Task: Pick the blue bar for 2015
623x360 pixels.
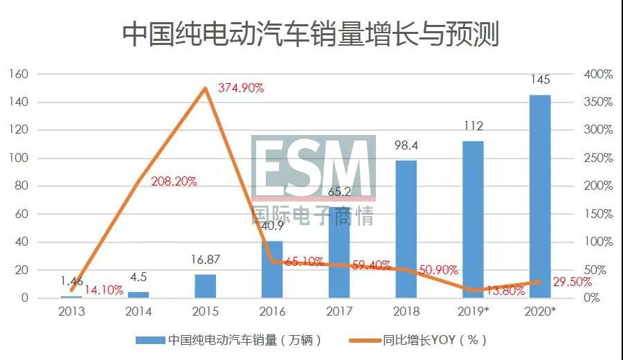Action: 205,286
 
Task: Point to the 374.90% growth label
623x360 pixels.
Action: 241,88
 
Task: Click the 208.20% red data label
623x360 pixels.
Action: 174,181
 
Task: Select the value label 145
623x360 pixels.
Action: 540,80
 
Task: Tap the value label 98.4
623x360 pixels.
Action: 406,145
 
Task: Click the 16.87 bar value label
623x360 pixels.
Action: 205,260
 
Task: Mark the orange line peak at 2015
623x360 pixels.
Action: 205,89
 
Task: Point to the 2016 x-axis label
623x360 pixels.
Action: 272,312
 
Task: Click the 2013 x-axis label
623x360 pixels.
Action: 71,312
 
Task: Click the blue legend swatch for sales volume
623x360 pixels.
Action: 150,340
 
